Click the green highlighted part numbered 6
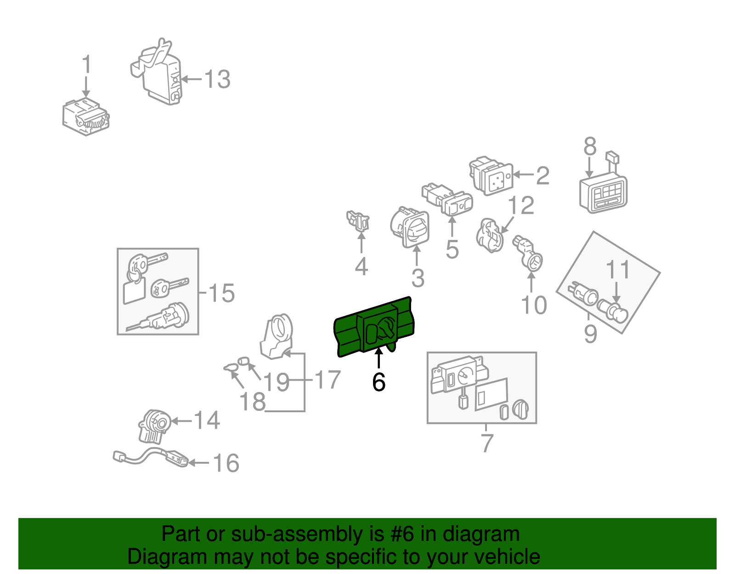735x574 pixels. coord(374,326)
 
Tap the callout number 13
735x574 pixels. coord(217,80)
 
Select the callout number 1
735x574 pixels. coord(86,64)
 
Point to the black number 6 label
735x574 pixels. coord(379,382)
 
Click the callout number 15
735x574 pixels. coord(221,293)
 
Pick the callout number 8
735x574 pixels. coord(590,146)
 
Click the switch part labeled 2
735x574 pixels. coord(491,176)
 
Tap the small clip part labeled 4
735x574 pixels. coord(358,221)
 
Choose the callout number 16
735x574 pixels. coord(226,463)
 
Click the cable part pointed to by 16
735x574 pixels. coord(150,457)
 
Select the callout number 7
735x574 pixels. coord(487,443)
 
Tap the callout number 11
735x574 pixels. coord(618,270)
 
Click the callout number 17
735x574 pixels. coord(328,380)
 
